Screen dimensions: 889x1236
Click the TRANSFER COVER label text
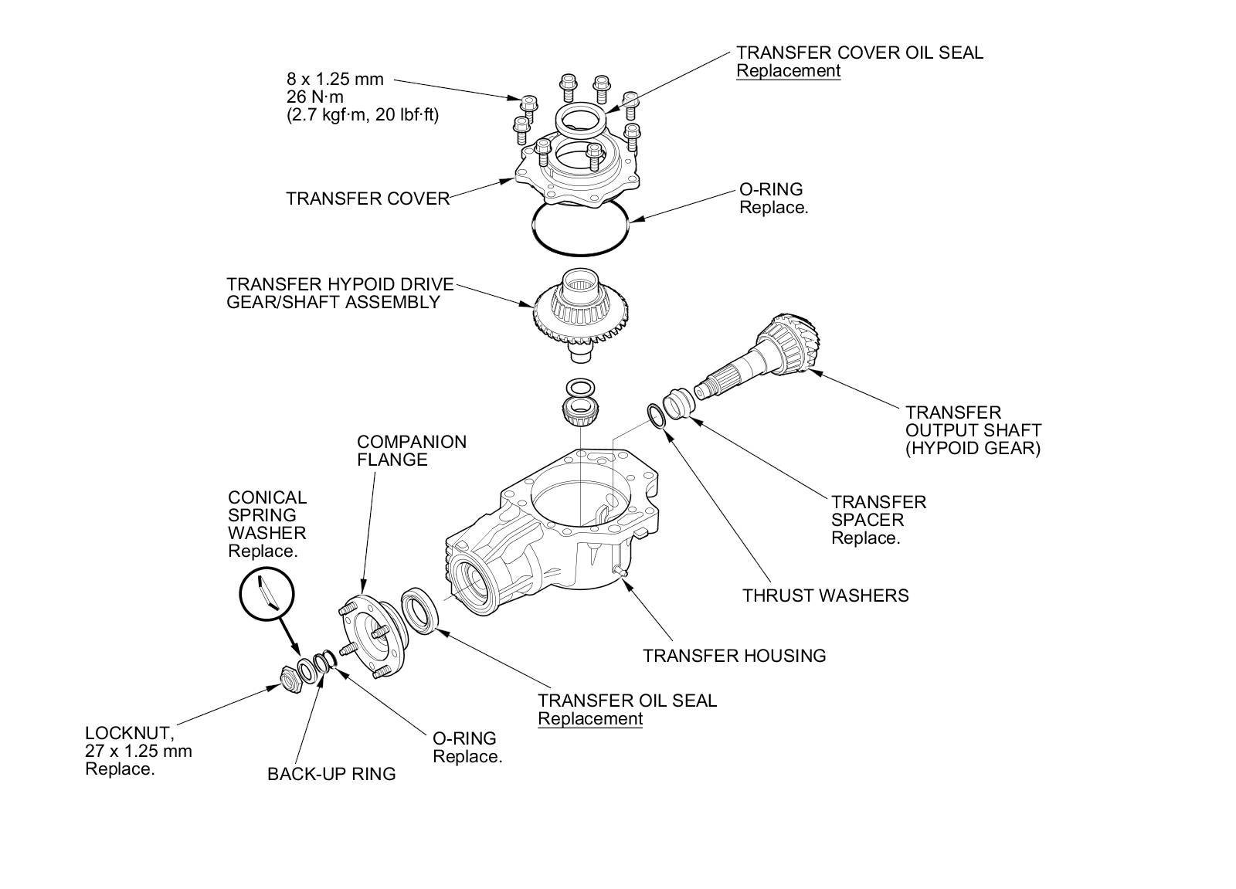click(x=368, y=199)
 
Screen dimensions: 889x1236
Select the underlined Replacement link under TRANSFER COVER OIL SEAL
click(x=787, y=71)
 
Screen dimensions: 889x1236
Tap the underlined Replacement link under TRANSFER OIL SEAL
click(x=589, y=719)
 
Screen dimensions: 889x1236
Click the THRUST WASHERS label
click(x=825, y=595)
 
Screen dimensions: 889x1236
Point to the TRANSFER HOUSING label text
click(x=734, y=656)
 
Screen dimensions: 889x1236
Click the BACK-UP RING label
click(x=331, y=774)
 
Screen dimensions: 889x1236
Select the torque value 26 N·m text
click(x=314, y=97)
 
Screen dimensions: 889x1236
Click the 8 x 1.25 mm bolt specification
click(x=334, y=79)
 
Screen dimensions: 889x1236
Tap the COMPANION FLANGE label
click(x=412, y=451)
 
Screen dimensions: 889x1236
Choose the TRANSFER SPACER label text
click(x=878, y=511)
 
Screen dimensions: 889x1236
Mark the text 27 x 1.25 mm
click(x=138, y=751)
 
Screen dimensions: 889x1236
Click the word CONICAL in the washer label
click(x=267, y=498)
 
